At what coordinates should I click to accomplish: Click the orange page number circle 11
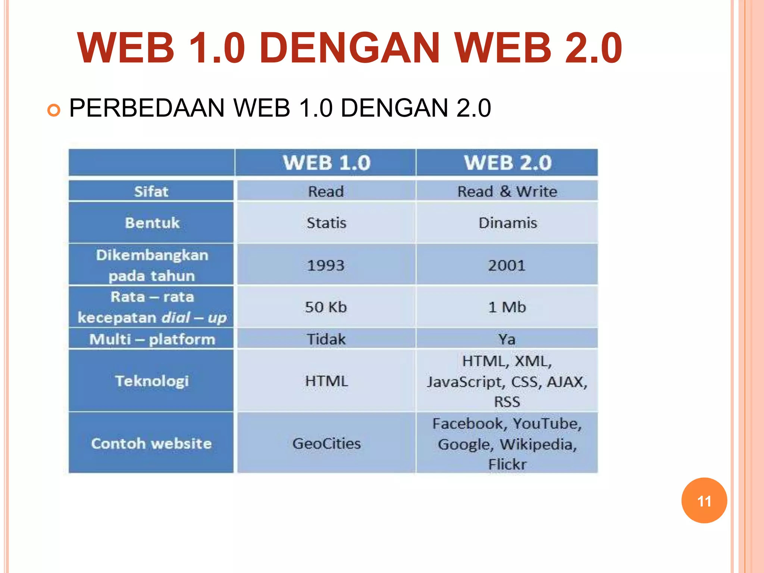point(704,501)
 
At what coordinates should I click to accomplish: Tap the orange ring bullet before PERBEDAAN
point(54,110)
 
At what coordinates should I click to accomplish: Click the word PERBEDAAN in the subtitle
point(147,108)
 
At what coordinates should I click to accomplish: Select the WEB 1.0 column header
point(326,163)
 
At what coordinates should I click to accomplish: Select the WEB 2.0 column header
point(507,163)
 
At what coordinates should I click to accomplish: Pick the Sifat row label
point(151,191)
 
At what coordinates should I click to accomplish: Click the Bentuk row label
point(152,223)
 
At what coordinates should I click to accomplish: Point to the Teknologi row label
point(151,381)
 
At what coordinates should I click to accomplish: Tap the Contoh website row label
point(151,443)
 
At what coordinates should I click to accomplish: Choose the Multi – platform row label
point(152,339)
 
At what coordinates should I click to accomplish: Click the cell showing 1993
point(326,265)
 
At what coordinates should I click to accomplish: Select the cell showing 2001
point(507,265)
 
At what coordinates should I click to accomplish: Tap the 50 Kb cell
point(326,307)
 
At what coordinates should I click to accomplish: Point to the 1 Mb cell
point(507,307)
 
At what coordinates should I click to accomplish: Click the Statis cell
point(326,223)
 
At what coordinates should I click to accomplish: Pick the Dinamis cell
point(507,223)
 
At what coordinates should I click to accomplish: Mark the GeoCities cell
point(326,443)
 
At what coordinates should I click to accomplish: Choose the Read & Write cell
point(507,191)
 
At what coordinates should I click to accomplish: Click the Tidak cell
point(326,339)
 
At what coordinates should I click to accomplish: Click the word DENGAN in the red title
point(350,48)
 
